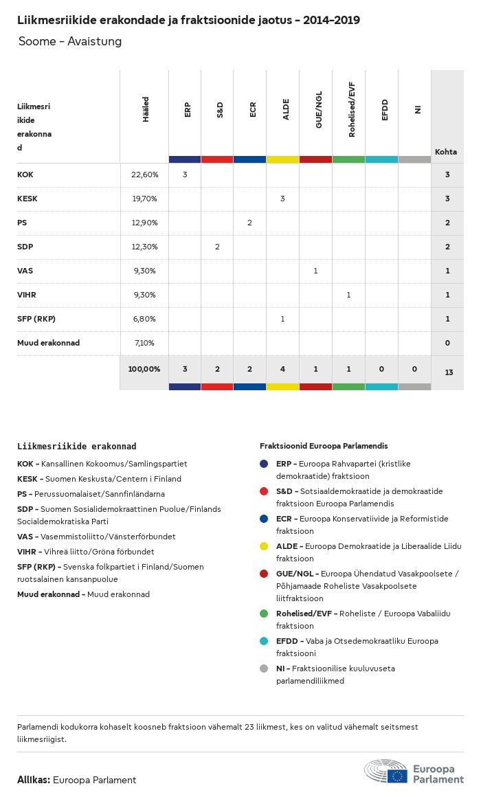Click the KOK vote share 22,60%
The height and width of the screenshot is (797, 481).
[x=144, y=175]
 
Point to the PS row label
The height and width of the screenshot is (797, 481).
[x=22, y=223]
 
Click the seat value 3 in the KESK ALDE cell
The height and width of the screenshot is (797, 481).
[x=282, y=199]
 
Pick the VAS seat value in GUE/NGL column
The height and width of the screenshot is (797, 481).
[x=315, y=271]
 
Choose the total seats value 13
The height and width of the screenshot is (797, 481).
[x=448, y=372]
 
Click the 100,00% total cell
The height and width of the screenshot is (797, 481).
[x=144, y=369]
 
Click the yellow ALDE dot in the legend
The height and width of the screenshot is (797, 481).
[x=265, y=546]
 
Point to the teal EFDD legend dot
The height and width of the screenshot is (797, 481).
[x=265, y=641]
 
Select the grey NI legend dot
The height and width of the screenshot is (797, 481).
[x=265, y=669]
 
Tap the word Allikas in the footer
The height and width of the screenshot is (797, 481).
[x=33, y=780]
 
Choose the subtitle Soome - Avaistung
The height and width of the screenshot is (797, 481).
[x=70, y=41]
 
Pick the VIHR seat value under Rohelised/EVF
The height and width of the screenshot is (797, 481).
[x=348, y=295]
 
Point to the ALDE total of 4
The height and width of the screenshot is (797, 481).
[x=282, y=369]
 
